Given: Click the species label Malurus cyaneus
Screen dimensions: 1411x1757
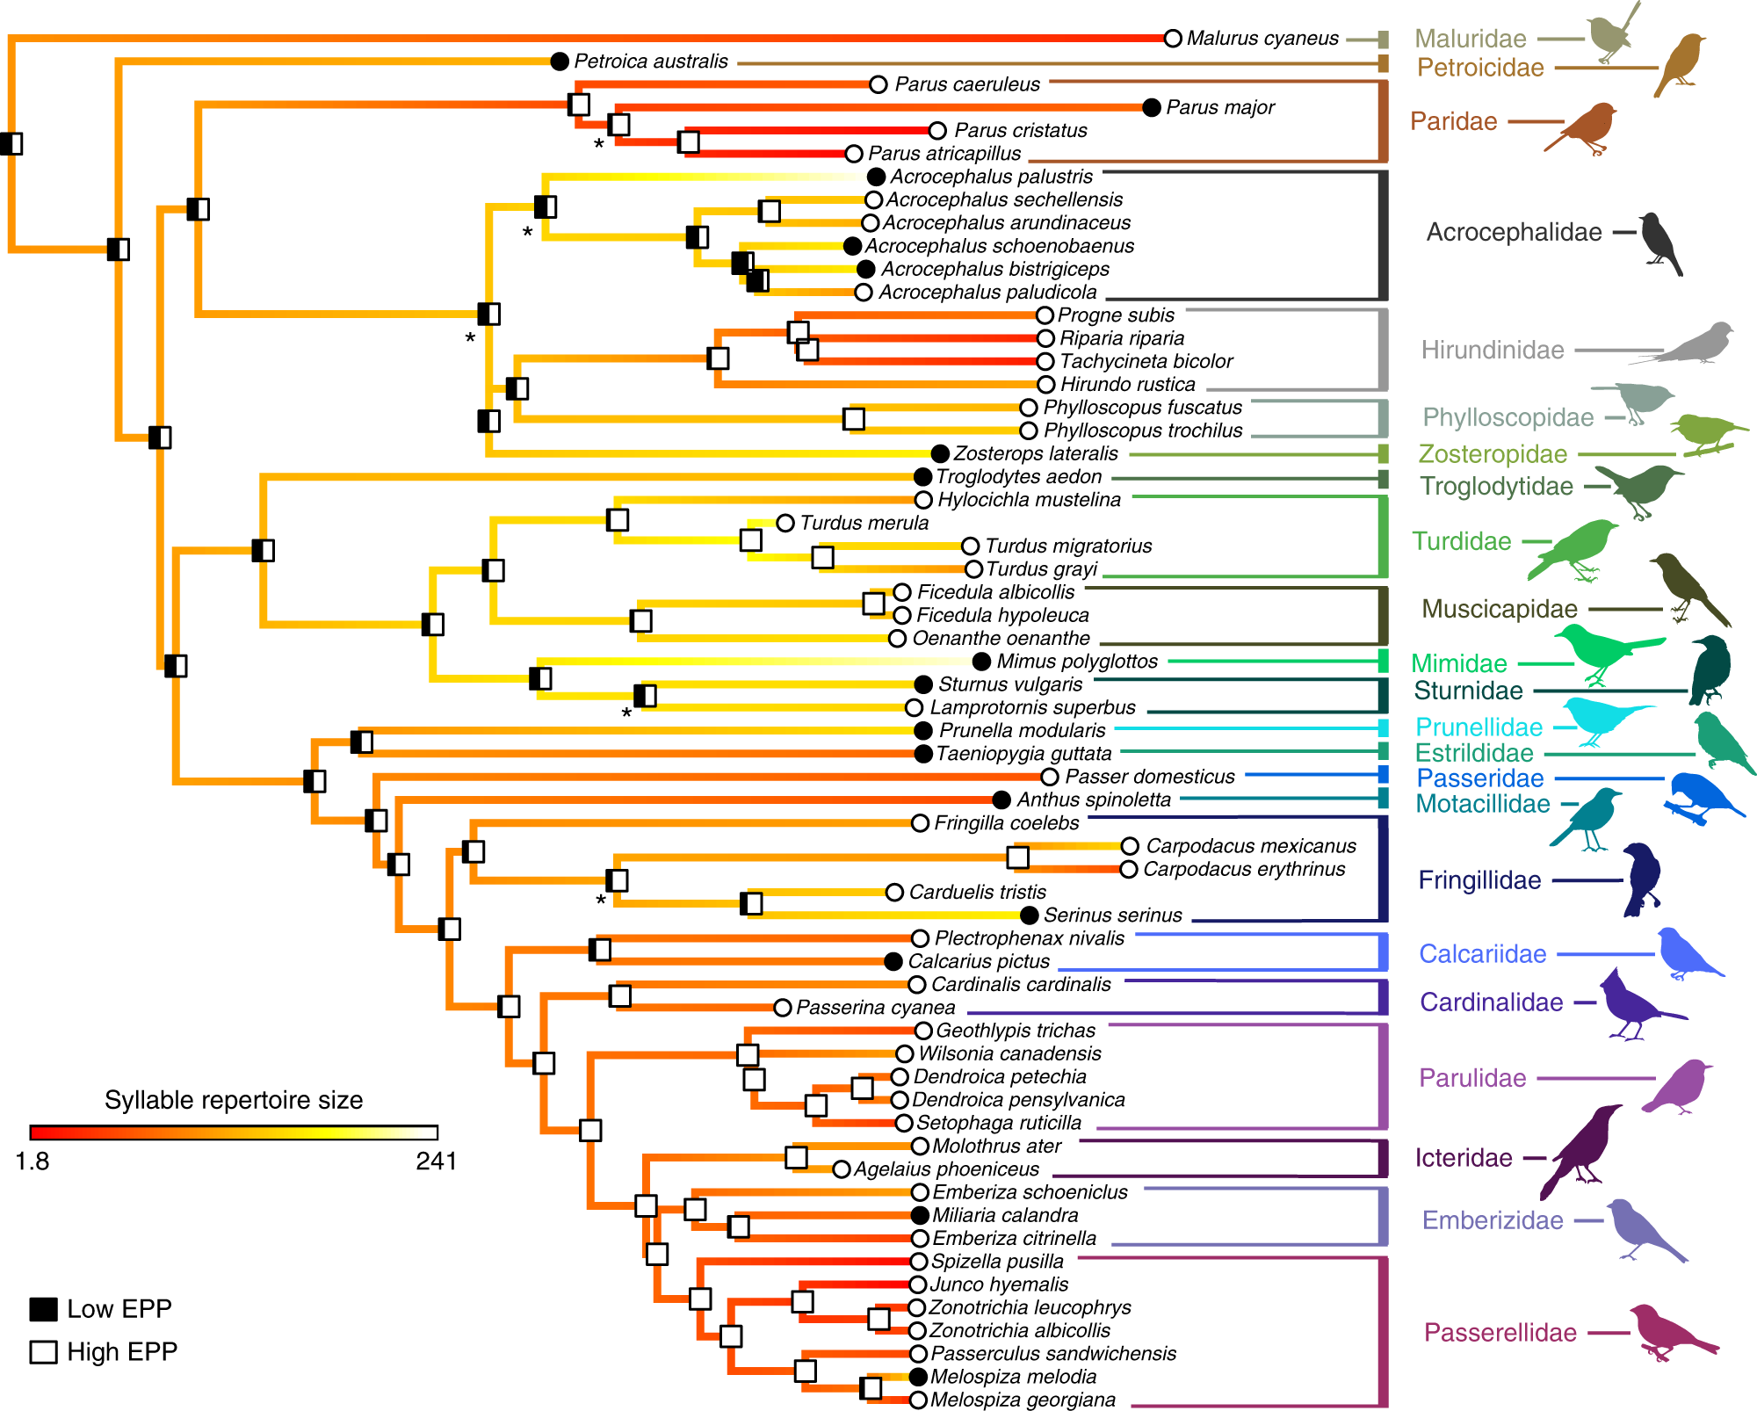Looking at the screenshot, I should (1262, 39).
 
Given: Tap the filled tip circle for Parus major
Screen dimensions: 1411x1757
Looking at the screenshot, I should (1152, 107).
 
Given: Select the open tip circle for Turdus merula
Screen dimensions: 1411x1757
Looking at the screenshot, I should (785, 523).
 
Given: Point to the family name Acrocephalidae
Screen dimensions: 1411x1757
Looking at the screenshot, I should (1514, 232).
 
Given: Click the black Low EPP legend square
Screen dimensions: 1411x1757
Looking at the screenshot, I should (44, 1309).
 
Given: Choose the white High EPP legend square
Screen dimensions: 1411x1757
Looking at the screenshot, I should (44, 1351).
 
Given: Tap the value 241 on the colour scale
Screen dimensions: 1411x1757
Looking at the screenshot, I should (436, 1161).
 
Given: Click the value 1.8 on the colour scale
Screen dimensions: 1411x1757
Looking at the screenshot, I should (33, 1161).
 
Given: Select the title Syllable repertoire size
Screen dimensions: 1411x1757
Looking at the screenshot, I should (234, 1100).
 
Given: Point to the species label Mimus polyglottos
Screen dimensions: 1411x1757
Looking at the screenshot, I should (1077, 662).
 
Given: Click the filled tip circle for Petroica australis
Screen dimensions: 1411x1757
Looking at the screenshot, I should (560, 62).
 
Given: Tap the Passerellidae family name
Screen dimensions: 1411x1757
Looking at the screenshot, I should (1500, 1333).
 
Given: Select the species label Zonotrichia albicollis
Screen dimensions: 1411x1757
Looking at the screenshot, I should (1019, 1331).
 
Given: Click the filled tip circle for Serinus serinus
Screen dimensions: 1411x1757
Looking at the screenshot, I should (1030, 915).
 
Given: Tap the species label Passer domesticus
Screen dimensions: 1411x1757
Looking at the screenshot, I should (1150, 777).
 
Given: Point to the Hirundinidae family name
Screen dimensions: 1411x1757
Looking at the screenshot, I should (1493, 350).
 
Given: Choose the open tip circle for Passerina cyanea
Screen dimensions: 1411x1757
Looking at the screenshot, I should (783, 1008).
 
